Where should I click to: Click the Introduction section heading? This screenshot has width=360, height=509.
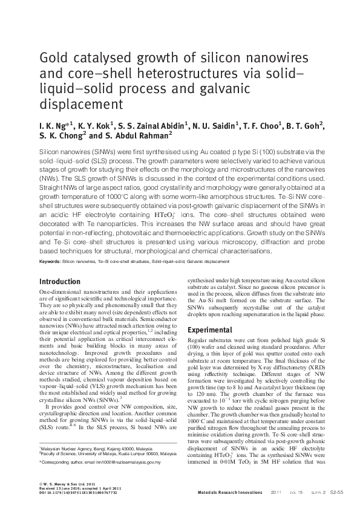[x=59, y=282]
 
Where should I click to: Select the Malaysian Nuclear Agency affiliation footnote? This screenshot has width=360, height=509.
[x=97, y=449]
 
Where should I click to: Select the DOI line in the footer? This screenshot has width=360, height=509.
[x=78, y=493]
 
